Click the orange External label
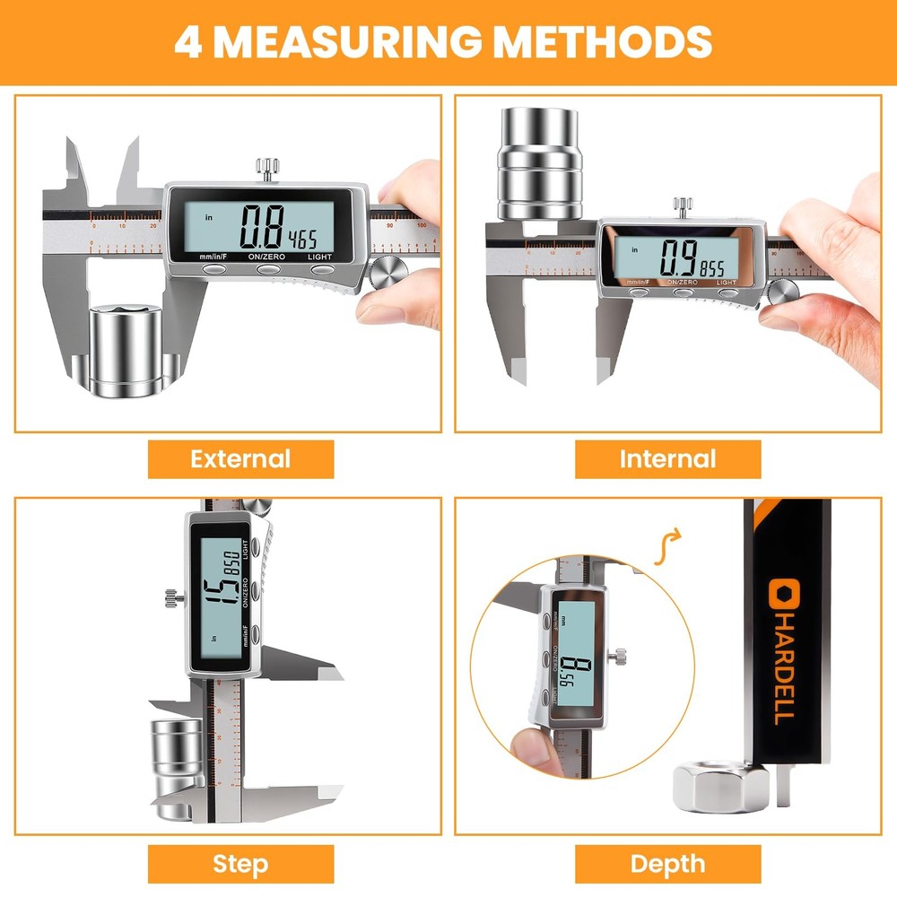(240, 459)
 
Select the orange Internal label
(667, 459)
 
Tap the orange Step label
(240, 864)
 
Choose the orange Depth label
(667, 864)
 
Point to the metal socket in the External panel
(126, 346)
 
